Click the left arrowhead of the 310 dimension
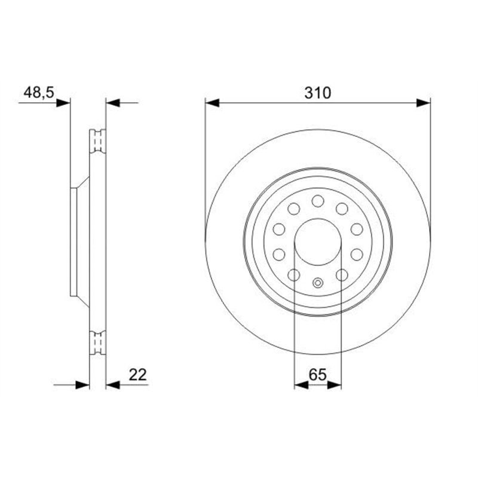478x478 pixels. (x=213, y=103)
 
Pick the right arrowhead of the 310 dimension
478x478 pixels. (x=423, y=103)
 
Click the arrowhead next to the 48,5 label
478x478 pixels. (x=63, y=103)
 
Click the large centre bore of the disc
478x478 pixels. (x=318, y=241)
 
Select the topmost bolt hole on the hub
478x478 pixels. (x=318, y=200)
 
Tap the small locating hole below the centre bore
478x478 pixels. (x=318, y=283)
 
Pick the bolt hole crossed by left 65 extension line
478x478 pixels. (x=294, y=274)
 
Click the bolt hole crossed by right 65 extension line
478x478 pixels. (x=342, y=274)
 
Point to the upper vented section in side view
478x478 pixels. (x=97, y=141)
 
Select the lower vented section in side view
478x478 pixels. (x=97, y=342)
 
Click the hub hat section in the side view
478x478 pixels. (x=78, y=241)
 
